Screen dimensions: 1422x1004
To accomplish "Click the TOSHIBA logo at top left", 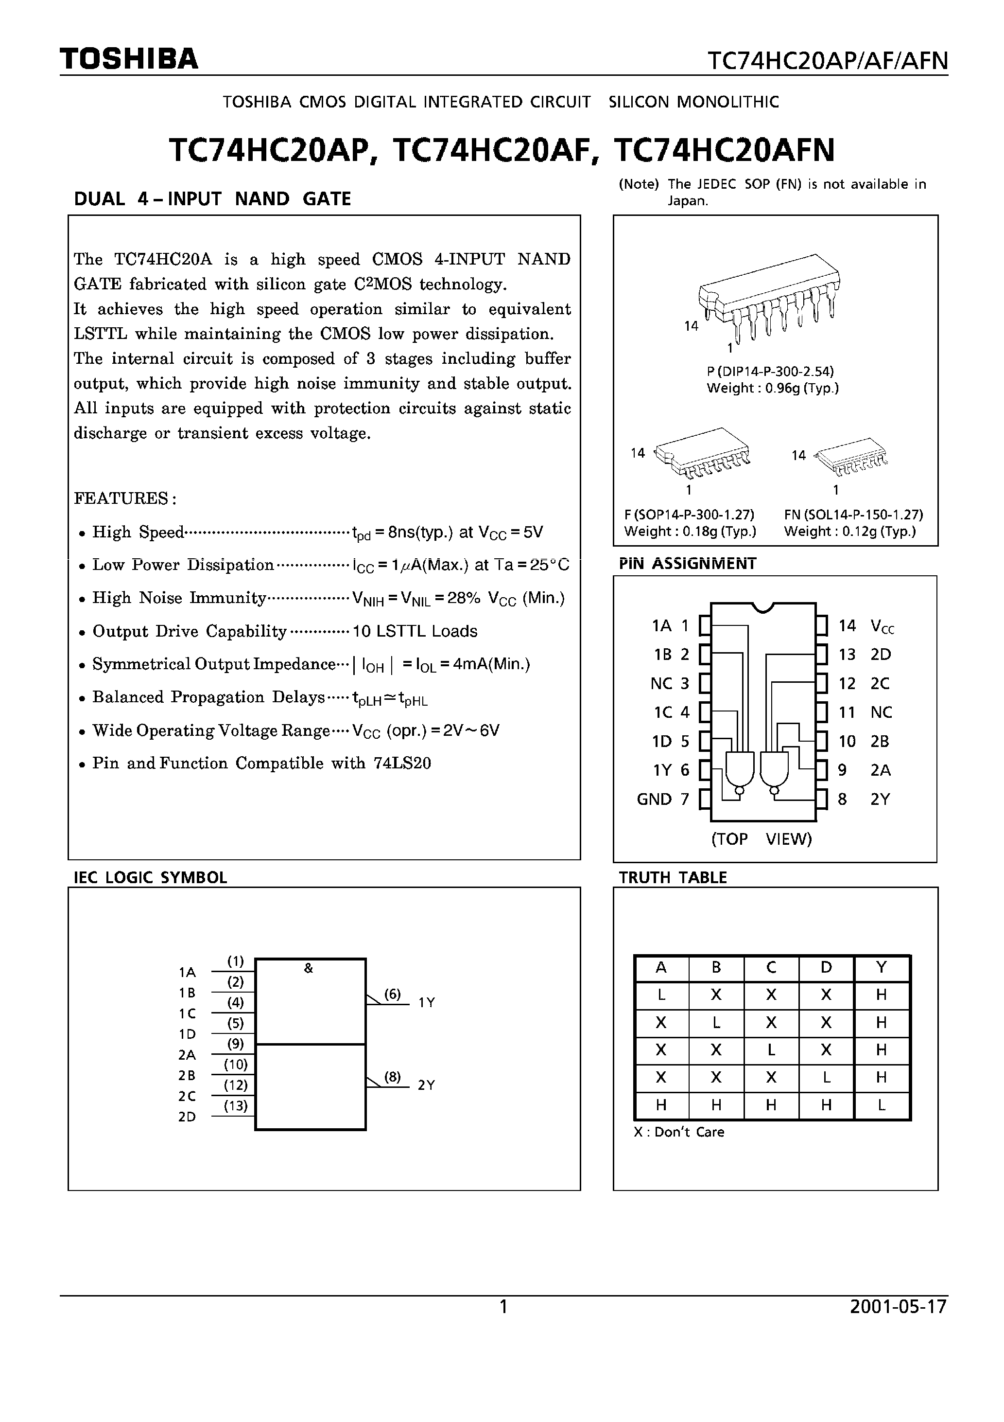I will (129, 59).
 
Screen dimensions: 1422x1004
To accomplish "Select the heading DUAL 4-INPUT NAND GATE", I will (212, 199).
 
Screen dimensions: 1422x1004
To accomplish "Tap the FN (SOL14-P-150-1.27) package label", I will (853, 514).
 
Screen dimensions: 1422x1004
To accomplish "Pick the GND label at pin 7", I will (654, 799).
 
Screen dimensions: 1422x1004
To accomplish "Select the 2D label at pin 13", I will (880, 654).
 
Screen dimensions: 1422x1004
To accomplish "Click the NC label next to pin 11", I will (881, 712).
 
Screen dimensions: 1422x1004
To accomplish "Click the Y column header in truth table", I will (882, 967).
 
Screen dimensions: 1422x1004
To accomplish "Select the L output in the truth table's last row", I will (882, 1104).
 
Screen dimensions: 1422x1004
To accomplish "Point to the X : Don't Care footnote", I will (678, 1132).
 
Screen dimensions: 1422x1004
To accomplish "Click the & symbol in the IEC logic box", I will (308, 969).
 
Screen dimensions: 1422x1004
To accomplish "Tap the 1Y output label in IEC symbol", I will (427, 1002).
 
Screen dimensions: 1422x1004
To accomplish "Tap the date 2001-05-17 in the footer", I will (898, 1307).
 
